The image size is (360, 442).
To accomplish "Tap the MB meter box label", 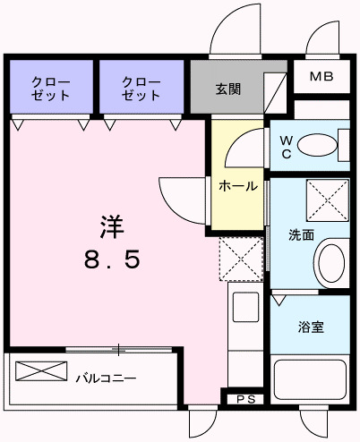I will point(321,77).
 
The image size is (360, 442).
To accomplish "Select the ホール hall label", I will point(238,187).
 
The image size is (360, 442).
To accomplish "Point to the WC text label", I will point(285,146).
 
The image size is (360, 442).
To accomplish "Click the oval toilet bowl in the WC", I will point(314,143).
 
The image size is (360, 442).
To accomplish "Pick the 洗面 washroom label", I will point(300,235).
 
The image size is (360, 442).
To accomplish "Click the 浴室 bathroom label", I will point(311,327).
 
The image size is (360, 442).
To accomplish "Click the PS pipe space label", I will point(244,399).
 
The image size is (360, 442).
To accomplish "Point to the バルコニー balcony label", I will point(105,378).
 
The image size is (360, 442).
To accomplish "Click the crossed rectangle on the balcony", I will point(41,370).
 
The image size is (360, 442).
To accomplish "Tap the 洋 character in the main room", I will point(111,227).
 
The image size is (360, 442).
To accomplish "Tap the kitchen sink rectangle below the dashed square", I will point(244,308).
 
